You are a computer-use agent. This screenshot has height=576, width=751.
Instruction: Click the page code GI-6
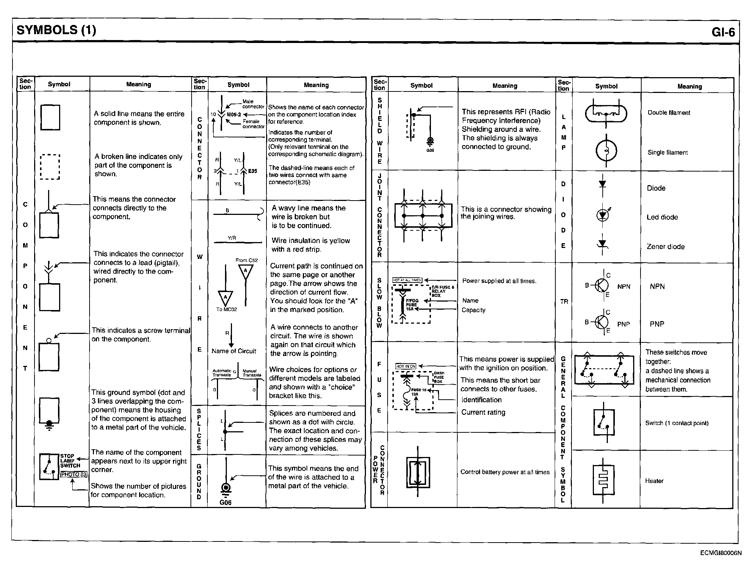pyautogui.click(x=723, y=32)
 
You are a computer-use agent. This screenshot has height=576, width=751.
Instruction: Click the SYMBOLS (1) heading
pyautogui.click(x=57, y=30)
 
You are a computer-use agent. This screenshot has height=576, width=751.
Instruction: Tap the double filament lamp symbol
pyautogui.click(x=606, y=113)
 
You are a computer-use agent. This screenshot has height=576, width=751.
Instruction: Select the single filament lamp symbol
pyautogui.click(x=606, y=150)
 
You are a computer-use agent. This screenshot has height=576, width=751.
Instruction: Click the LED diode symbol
pyautogui.click(x=602, y=215)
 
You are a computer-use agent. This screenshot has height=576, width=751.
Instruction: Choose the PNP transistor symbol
pyautogui.click(x=601, y=322)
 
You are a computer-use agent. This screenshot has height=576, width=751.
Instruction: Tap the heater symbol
pyautogui.click(x=603, y=480)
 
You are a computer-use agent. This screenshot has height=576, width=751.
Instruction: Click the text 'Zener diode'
pyautogui.click(x=665, y=246)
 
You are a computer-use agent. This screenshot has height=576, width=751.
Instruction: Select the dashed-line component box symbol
pyautogui.click(x=50, y=167)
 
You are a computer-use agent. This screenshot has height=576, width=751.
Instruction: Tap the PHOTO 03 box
pyautogui.click(x=74, y=474)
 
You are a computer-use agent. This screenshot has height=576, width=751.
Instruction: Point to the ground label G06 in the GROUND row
pyautogui.click(x=225, y=503)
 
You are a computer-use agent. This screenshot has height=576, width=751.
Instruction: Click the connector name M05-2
pyautogui.click(x=234, y=115)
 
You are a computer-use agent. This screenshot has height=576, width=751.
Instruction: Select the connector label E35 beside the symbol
pyautogui.click(x=253, y=171)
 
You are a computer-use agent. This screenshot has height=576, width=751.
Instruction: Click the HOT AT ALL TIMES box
pyautogui.click(x=407, y=280)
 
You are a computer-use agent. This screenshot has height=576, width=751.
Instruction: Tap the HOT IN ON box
pyautogui.click(x=406, y=366)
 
